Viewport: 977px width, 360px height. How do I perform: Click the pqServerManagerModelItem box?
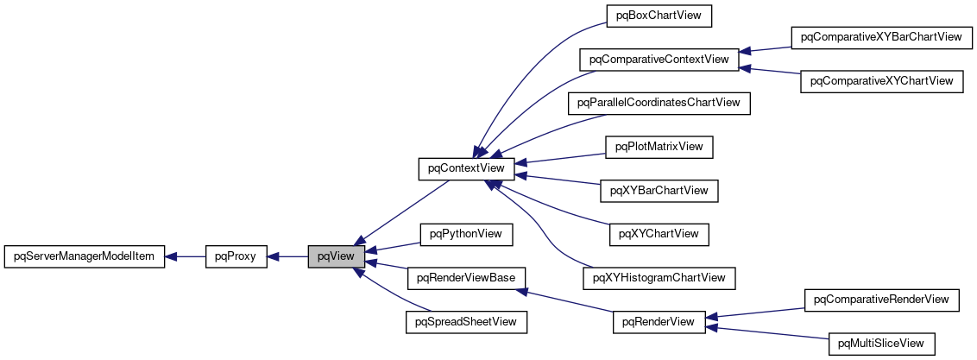(x=84, y=256)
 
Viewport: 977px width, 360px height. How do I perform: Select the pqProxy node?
(x=236, y=256)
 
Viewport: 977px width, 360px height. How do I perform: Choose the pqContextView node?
(x=466, y=168)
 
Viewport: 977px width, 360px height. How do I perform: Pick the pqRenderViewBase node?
(x=466, y=278)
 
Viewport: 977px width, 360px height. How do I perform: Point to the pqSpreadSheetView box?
(x=466, y=322)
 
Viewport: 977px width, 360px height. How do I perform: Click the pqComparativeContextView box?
(x=659, y=60)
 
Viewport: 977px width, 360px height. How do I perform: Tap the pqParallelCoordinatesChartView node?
(x=659, y=103)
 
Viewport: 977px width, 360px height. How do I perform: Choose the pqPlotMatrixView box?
(x=659, y=147)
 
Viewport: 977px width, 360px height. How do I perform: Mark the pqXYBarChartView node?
(x=659, y=190)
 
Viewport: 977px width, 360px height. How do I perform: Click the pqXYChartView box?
(x=659, y=234)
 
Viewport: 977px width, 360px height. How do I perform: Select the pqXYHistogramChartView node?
(x=659, y=278)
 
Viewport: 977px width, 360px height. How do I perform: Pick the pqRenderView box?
(x=659, y=322)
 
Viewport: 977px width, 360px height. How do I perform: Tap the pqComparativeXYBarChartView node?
(x=881, y=37)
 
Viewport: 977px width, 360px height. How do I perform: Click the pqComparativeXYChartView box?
(x=881, y=81)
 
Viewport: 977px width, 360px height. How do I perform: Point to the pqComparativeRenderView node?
(x=881, y=300)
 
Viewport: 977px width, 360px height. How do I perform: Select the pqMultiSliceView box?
(x=881, y=344)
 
